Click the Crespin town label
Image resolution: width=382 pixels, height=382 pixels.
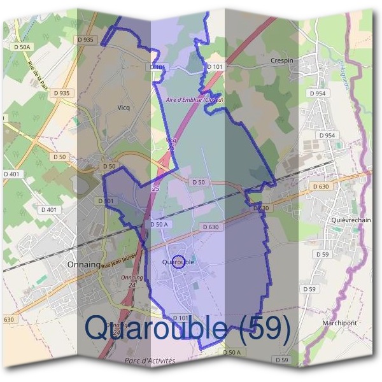pyautogui.click(x=281, y=60)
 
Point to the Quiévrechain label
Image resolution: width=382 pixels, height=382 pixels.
pyautogui.click(x=351, y=220)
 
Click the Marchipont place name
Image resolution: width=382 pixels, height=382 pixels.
pyautogui.click(x=339, y=323)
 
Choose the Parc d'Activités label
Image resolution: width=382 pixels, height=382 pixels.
pyautogui.click(x=150, y=360)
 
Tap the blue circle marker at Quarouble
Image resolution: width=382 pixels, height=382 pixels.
pyautogui.click(x=180, y=262)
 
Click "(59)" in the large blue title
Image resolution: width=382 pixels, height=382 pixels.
pyautogui.click(x=261, y=328)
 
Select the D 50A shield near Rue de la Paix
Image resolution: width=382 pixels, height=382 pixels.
pyautogui.click(x=22, y=46)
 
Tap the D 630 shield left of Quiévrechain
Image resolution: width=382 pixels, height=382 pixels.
pyautogui.click(x=321, y=187)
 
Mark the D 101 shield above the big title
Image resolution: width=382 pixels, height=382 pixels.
pyautogui.click(x=181, y=318)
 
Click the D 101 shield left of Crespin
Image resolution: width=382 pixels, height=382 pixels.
pyautogui.click(x=215, y=67)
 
